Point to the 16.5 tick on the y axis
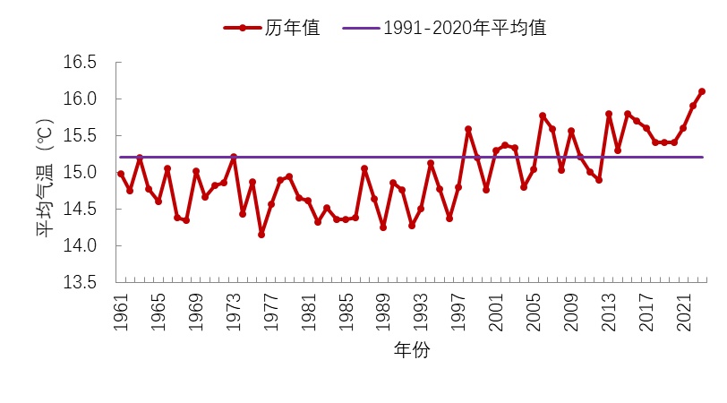pyautogui.click(x=79, y=63)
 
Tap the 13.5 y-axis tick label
pyautogui.click(x=79, y=282)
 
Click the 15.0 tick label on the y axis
pyautogui.click(x=79, y=172)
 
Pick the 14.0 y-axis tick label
pyautogui.click(x=79, y=245)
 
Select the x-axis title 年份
pyautogui.click(x=412, y=351)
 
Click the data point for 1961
pyautogui.click(x=121, y=174)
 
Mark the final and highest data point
pyautogui.click(x=702, y=91)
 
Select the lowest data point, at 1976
pyautogui.click(x=261, y=235)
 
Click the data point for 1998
pyautogui.click(x=467, y=129)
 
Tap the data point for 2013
pyautogui.click(x=608, y=114)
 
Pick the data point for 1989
pyautogui.click(x=383, y=227)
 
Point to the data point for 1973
pyautogui.click(x=233, y=157)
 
